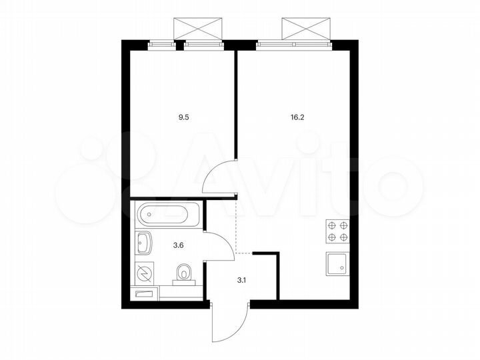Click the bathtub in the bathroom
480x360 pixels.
click(165, 215)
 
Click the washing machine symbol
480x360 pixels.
click(144, 273)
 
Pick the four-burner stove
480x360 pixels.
click(337, 231)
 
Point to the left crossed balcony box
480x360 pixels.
click(197, 29)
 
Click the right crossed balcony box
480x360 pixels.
click(306, 29)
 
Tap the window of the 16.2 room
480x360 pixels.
click(293, 45)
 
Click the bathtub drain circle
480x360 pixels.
click(148, 215)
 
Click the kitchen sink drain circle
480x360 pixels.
click(342, 267)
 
